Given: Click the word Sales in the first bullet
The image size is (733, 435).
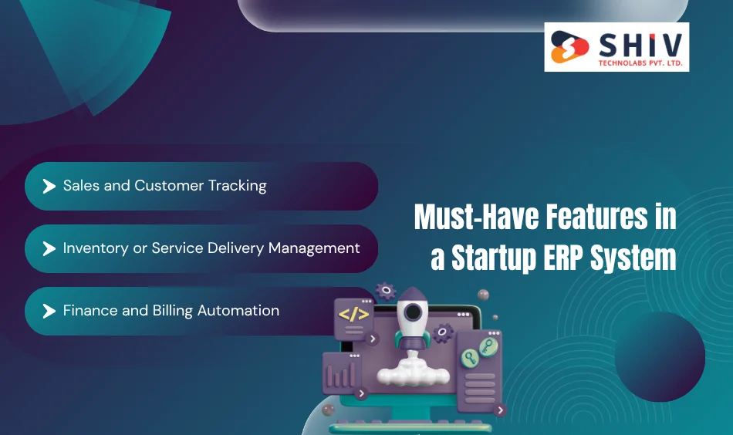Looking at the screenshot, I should coord(79,186).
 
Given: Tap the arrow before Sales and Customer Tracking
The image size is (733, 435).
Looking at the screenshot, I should coord(49,186).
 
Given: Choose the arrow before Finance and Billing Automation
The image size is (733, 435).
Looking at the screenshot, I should coord(49,311).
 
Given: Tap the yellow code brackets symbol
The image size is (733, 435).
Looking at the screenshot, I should coord(354,314).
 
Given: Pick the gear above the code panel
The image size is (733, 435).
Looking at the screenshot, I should coord(386,291).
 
